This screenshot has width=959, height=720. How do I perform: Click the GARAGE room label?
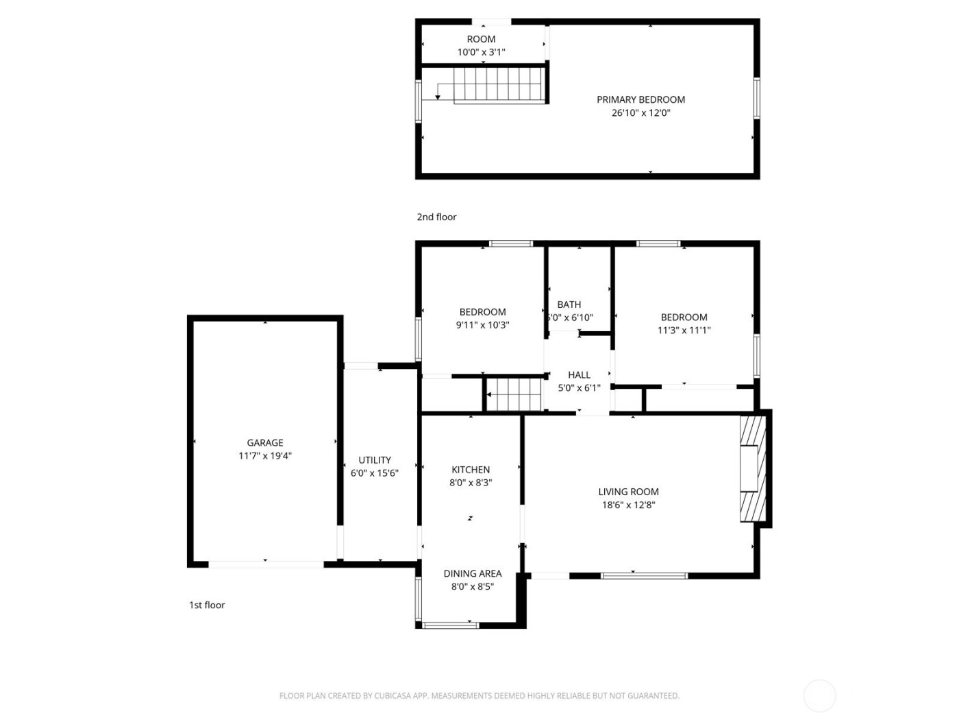tap(264, 443)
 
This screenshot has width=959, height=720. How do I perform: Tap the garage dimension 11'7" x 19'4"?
tap(264, 456)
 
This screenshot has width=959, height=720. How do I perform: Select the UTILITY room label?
tap(375, 460)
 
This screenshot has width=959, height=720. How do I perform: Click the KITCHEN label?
tap(471, 470)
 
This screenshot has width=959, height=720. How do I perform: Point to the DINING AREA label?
tap(472, 574)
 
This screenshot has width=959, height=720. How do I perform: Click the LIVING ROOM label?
tap(628, 492)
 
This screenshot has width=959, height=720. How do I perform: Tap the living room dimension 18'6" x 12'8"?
tap(628, 505)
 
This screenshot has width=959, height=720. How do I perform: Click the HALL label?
tap(579, 375)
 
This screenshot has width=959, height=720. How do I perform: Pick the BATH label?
tap(569, 304)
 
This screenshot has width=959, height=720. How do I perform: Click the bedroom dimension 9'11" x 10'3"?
tap(482, 326)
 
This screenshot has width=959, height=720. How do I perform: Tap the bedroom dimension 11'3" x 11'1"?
tap(684, 331)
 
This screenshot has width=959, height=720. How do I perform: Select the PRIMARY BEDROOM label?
tap(640, 99)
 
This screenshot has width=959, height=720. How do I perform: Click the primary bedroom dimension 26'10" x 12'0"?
tap(640, 113)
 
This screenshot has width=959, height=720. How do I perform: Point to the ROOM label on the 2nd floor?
tap(481, 39)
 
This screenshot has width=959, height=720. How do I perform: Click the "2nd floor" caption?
tap(436, 217)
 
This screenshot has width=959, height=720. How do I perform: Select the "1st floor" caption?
tap(207, 605)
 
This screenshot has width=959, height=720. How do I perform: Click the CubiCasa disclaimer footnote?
tap(479, 696)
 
